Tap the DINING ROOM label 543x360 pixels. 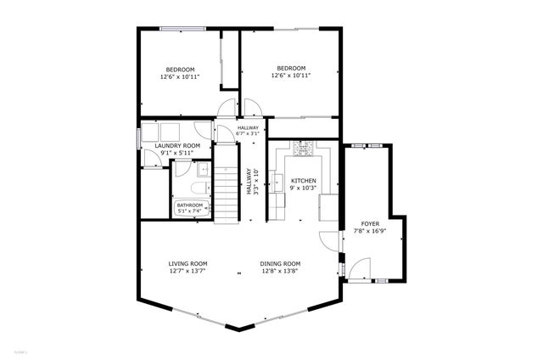point(280,263)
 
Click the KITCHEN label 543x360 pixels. point(304,181)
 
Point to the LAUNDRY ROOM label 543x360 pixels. point(177,146)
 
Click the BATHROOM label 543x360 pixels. point(189,205)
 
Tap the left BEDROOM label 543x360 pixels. point(180,70)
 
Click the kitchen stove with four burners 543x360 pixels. point(303,148)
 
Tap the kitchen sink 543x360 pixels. point(278,182)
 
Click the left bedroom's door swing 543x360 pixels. point(225,109)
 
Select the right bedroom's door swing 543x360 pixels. point(252,109)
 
